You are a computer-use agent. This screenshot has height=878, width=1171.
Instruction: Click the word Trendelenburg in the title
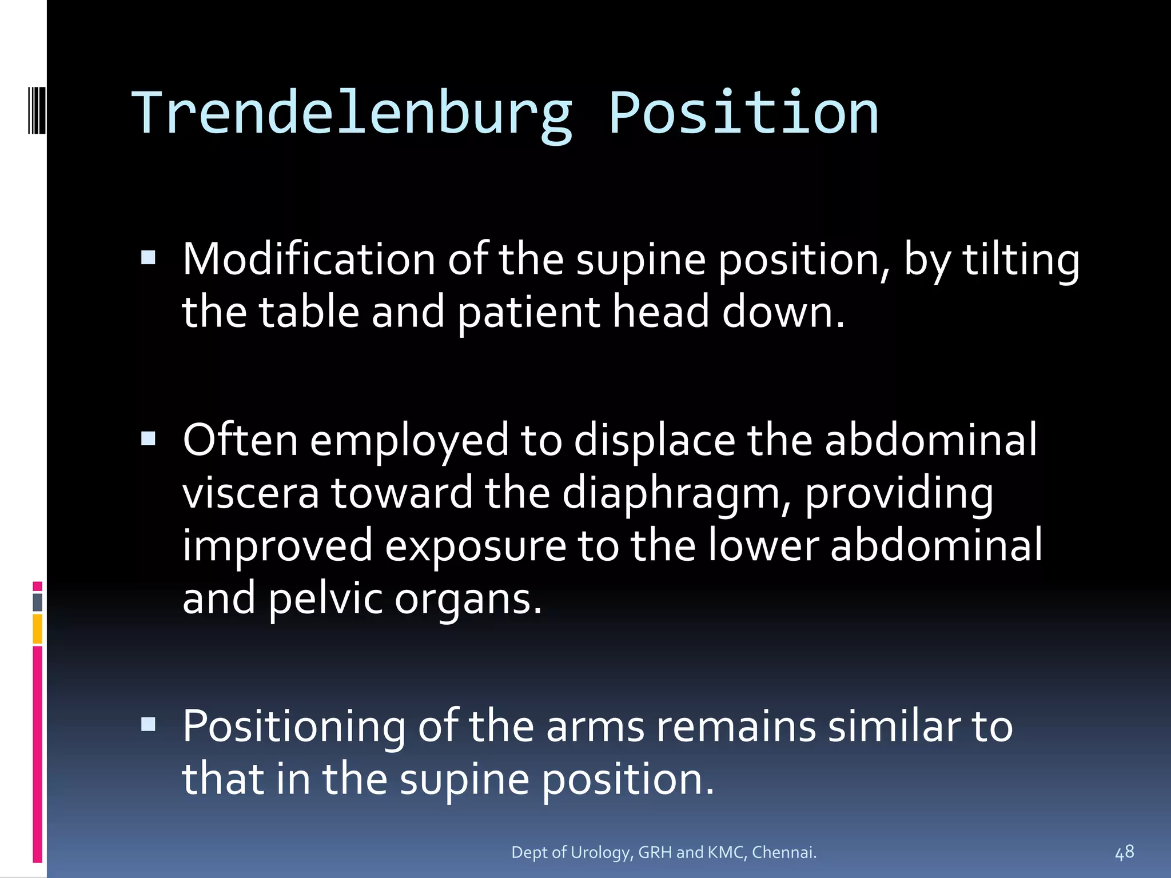point(352,114)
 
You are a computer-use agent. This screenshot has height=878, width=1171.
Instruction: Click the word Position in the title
point(743,114)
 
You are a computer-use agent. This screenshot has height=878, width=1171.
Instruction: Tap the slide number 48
point(1124,852)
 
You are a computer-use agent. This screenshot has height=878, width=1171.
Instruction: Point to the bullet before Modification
point(148,258)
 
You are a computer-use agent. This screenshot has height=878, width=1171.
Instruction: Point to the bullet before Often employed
point(148,438)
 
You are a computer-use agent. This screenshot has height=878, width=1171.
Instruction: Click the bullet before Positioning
point(148,724)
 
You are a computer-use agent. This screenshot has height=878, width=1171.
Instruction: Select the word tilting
point(1021,260)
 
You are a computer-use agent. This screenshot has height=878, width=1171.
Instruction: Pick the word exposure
point(475,546)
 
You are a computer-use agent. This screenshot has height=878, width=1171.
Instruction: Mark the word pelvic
point(325,599)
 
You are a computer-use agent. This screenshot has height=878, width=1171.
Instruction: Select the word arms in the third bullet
point(595,727)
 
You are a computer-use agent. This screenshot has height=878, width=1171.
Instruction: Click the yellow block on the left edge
point(37,629)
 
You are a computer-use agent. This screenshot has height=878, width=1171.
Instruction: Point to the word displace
point(654,441)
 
